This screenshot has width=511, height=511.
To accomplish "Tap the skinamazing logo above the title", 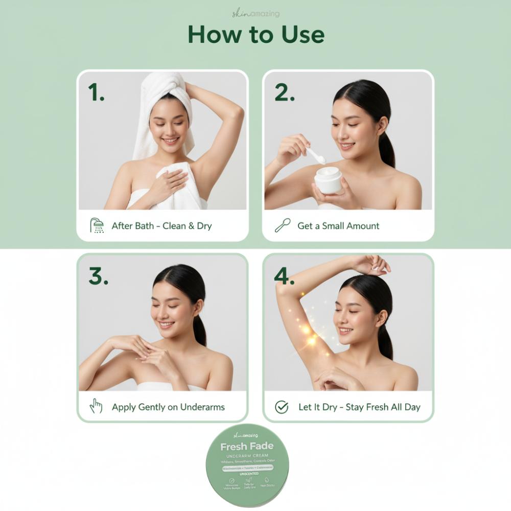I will [255, 14].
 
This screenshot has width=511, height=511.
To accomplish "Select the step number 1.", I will [96, 92].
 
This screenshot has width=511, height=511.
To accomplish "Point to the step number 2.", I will [285, 92].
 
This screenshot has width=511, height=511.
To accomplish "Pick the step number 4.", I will [284, 276].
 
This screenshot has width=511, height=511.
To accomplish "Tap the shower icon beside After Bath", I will [97, 225].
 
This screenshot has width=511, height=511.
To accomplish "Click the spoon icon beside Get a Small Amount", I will [283, 225].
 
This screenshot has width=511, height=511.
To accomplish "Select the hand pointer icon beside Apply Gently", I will [96, 407].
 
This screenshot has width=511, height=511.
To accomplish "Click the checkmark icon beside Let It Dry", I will [282, 407].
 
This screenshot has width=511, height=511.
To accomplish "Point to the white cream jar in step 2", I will [328, 180].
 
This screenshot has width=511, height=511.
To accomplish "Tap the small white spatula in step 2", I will [315, 155].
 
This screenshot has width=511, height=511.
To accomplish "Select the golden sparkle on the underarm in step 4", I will [308, 331].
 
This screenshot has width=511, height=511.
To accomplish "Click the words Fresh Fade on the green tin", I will [247, 446].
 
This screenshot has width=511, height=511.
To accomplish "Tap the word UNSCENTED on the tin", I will [247, 474].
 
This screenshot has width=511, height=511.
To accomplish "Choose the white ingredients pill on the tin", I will [247, 467].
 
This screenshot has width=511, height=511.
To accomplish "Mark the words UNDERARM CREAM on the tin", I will [247, 455].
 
